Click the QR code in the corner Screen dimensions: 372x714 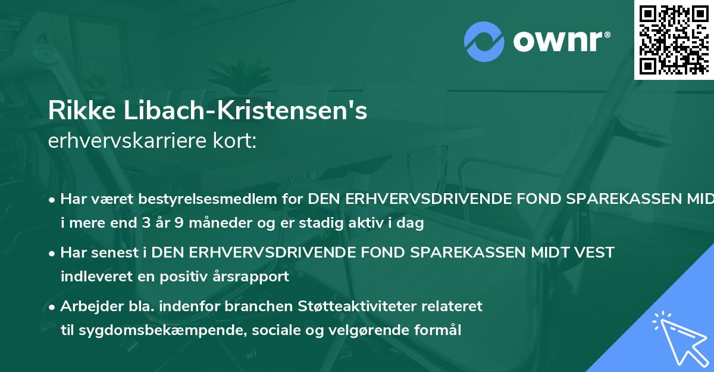(674, 39)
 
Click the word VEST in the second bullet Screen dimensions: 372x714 (593, 253)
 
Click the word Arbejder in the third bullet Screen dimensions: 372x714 (87, 306)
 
